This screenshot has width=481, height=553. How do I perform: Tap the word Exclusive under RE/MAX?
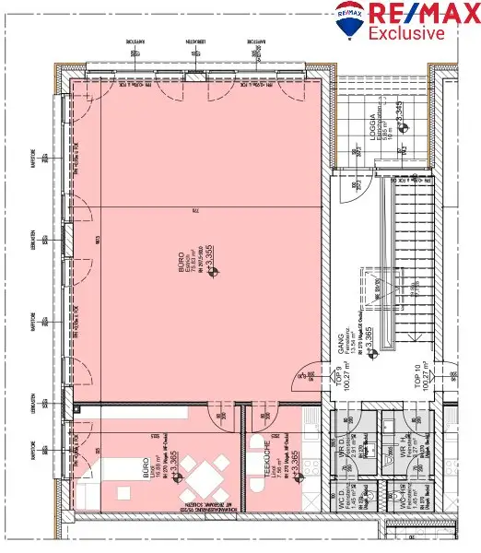(x=406, y=34)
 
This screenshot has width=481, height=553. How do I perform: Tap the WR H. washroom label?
(x=403, y=452)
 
